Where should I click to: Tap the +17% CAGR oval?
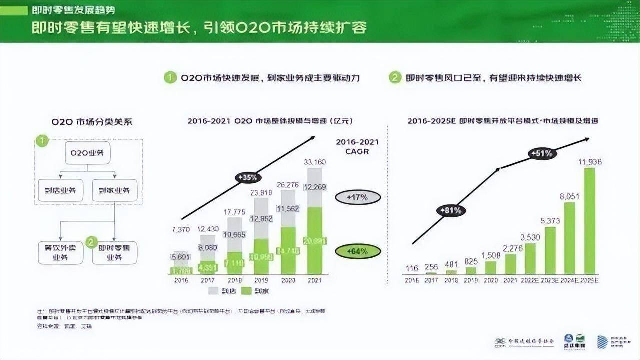[x=357, y=197]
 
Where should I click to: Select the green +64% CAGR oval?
[x=357, y=250]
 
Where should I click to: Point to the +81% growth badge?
[x=451, y=210]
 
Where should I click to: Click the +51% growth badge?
[x=542, y=153]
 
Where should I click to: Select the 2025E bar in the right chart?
[x=590, y=221]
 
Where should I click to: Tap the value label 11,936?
[x=590, y=161]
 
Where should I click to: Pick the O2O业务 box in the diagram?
[x=88, y=153]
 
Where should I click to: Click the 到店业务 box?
[x=61, y=190]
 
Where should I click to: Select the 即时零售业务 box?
[x=114, y=252]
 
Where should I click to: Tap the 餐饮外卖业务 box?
[x=61, y=252]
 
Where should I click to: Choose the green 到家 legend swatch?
[x=246, y=290]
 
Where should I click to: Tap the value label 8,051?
[x=569, y=197]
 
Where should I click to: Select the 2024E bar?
[x=570, y=238]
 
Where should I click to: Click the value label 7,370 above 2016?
[x=181, y=229]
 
